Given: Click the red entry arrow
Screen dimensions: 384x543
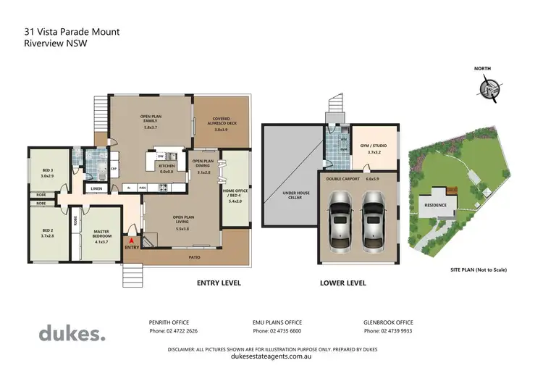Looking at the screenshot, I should tap(130, 241).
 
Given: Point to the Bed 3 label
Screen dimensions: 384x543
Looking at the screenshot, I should tap(47, 172).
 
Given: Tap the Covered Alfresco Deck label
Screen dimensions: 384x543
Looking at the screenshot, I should tap(221, 125).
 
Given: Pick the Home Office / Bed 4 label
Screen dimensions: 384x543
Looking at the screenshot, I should tap(235, 196).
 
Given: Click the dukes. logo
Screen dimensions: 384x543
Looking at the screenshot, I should tap(72, 333).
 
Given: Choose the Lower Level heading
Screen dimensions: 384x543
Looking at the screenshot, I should tap(340, 283).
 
